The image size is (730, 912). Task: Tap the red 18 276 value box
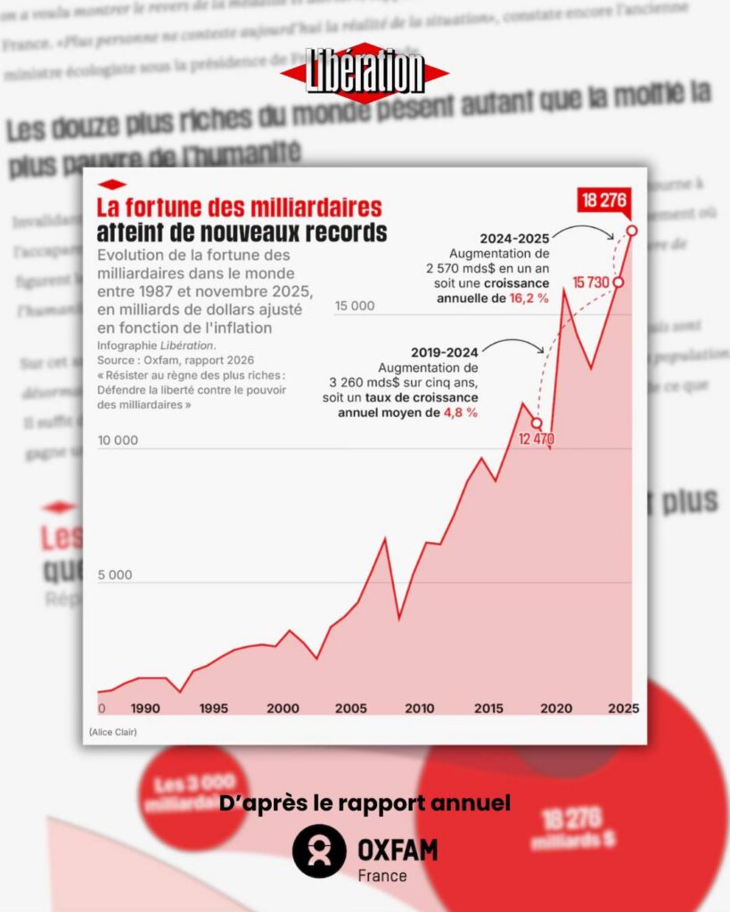coord(603,199)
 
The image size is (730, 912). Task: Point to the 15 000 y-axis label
coord(355,306)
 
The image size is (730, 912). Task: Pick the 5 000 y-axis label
coord(114,574)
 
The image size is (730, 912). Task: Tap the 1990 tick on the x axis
coord(145,709)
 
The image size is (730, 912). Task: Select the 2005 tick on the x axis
coord(350,709)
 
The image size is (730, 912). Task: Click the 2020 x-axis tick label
coord(556,709)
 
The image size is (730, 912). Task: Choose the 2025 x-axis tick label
coord(622,709)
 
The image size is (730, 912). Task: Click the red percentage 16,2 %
coord(529,297)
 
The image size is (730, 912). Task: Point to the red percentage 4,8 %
coord(461,412)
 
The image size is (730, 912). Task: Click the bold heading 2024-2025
coord(513,239)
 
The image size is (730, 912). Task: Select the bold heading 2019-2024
coord(445,352)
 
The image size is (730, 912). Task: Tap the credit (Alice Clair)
coord(113,732)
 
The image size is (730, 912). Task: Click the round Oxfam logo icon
coord(319,851)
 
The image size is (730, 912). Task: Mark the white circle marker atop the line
coord(632,231)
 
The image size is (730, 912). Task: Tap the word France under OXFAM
coord(381,875)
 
